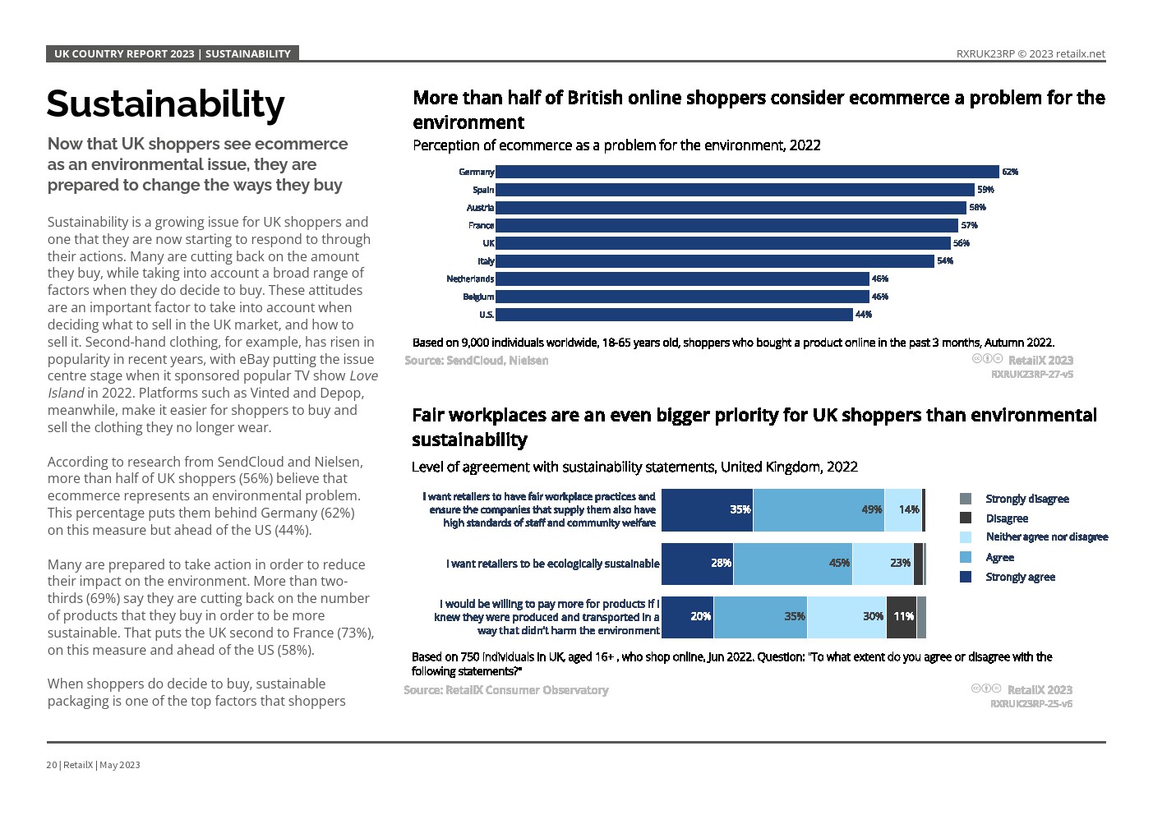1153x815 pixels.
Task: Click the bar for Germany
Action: pos(746,172)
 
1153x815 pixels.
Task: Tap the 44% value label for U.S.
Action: pos(864,315)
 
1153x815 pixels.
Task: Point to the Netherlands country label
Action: pos(470,279)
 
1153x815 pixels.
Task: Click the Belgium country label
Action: pos(478,297)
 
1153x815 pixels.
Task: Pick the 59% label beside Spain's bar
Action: pos(985,190)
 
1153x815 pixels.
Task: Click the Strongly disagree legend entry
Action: pos(1026,499)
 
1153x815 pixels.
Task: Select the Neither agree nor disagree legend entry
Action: pos(1046,537)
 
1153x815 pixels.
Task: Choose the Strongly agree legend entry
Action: pos(1020,577)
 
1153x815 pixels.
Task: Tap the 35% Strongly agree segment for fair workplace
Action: pos(707,509)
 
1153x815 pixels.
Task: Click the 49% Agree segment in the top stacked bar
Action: pos(819,509)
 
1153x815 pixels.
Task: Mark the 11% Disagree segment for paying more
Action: pos(902,616)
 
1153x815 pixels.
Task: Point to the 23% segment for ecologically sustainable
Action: pos(883,563)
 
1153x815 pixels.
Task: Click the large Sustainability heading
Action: pos(165,104)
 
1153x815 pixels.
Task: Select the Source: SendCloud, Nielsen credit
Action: pos(477,360)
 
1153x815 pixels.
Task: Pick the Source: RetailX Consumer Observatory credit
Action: pos(506,690)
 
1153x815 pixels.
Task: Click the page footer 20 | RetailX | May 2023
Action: pos(93,765)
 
